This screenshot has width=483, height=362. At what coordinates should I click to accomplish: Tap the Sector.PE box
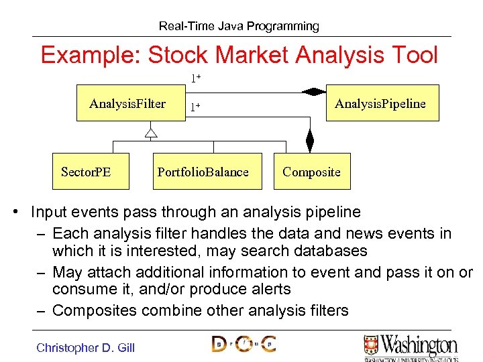coord(86,172)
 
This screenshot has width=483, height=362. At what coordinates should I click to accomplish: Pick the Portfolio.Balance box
coord(203,172)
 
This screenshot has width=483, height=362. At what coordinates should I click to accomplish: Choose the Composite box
coord(312,172)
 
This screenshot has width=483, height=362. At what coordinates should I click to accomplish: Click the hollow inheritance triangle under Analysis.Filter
coord(151,132)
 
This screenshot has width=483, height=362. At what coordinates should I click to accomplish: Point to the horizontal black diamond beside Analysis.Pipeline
coord(313,92)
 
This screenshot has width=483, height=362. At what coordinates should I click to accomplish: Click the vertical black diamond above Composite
coord(309,141)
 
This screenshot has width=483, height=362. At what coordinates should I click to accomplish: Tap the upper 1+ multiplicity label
coord(196,78)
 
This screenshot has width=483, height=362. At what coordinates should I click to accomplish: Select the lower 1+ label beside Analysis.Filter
coord(195,107)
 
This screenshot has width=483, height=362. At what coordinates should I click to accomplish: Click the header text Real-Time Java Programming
coord(239,26)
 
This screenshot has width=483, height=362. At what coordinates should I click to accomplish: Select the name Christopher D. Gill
coord(85,347)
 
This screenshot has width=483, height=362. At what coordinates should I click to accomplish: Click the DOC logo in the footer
coord(244,345)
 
